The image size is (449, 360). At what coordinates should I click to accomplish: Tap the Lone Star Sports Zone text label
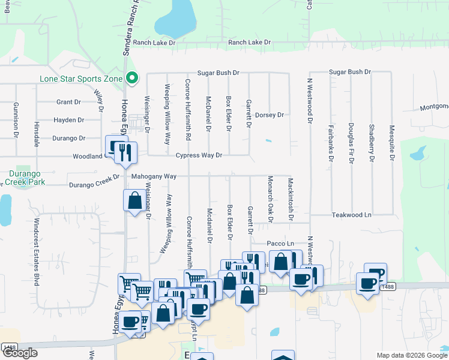pyautogui.click(x=80, y=79)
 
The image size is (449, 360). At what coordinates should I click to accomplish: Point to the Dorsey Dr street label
pyautogui.click(x=269, y=115)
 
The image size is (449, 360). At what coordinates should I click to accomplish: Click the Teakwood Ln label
pyautogui.click(x=352, y=214)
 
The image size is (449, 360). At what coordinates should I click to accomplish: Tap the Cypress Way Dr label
pyautogui.click(x=199, y=155)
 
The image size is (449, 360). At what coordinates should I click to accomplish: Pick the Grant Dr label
pyautogui.click(x=68, y=103)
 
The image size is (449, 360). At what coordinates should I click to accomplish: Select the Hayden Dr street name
pyautogui.click(x=68, y=120)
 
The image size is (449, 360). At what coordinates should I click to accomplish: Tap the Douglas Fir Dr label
pyautogui.click(x=351, y=143)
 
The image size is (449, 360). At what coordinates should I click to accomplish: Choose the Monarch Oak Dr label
pyautogui.click(x=270, y=200)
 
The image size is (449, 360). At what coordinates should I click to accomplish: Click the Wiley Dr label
pyautogui.click(x=97, y=101)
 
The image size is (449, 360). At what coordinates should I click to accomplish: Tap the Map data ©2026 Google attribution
pyautogui.click(x=411, y=355)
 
